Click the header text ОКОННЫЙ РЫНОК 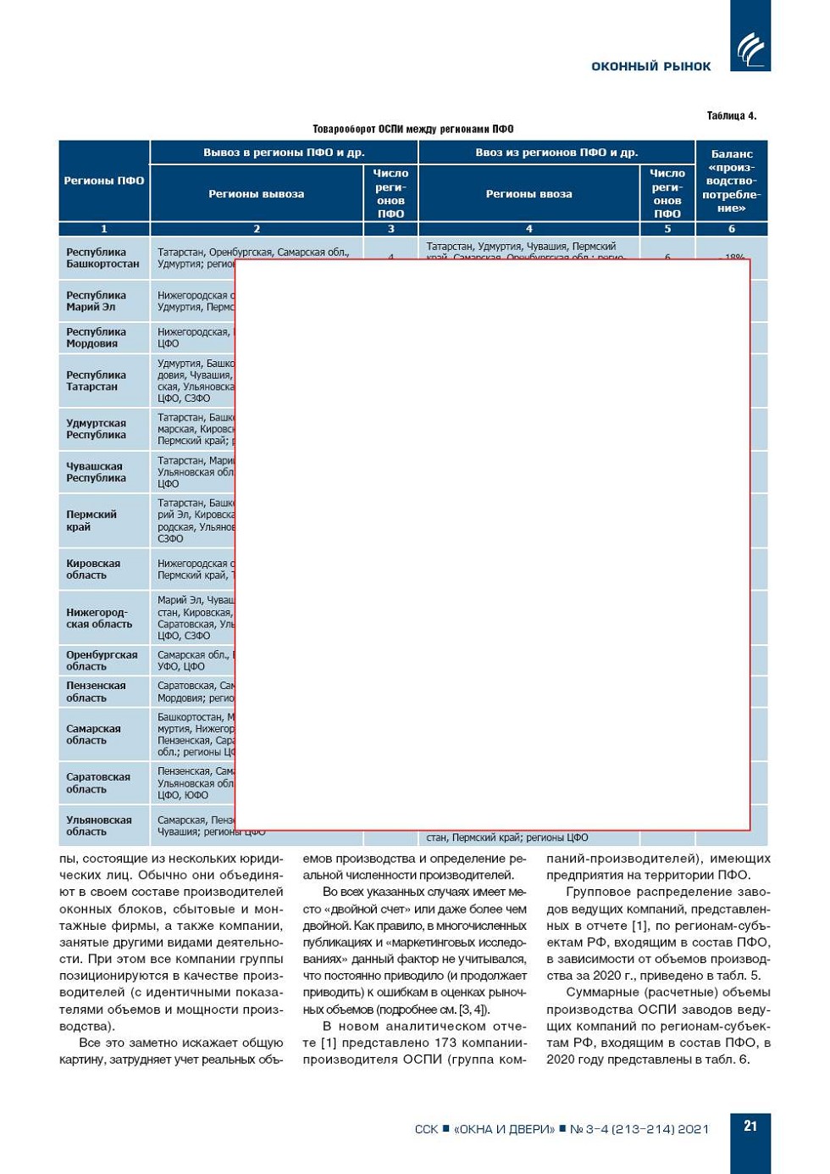tap(650, 66)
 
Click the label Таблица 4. tap(731, 116)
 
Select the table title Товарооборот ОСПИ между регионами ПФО tap(412, 129)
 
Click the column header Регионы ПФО tap(104, 181)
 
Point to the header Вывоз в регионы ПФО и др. tap(284, 153)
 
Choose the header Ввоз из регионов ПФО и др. tap(556, 153)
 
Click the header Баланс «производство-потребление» tap(731, 181)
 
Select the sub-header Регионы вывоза tap(256, 194)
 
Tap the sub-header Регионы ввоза tap(528, 194)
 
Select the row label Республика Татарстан tap(96, 381)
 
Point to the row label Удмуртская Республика tap(96, 429)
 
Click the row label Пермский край tap(91, 520)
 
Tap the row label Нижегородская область tap(99, 618)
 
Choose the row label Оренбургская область tap(102, 660)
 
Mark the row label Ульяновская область tap(98, 826)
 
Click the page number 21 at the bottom tap(750, 1126)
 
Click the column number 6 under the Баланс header tap(732, 229)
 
